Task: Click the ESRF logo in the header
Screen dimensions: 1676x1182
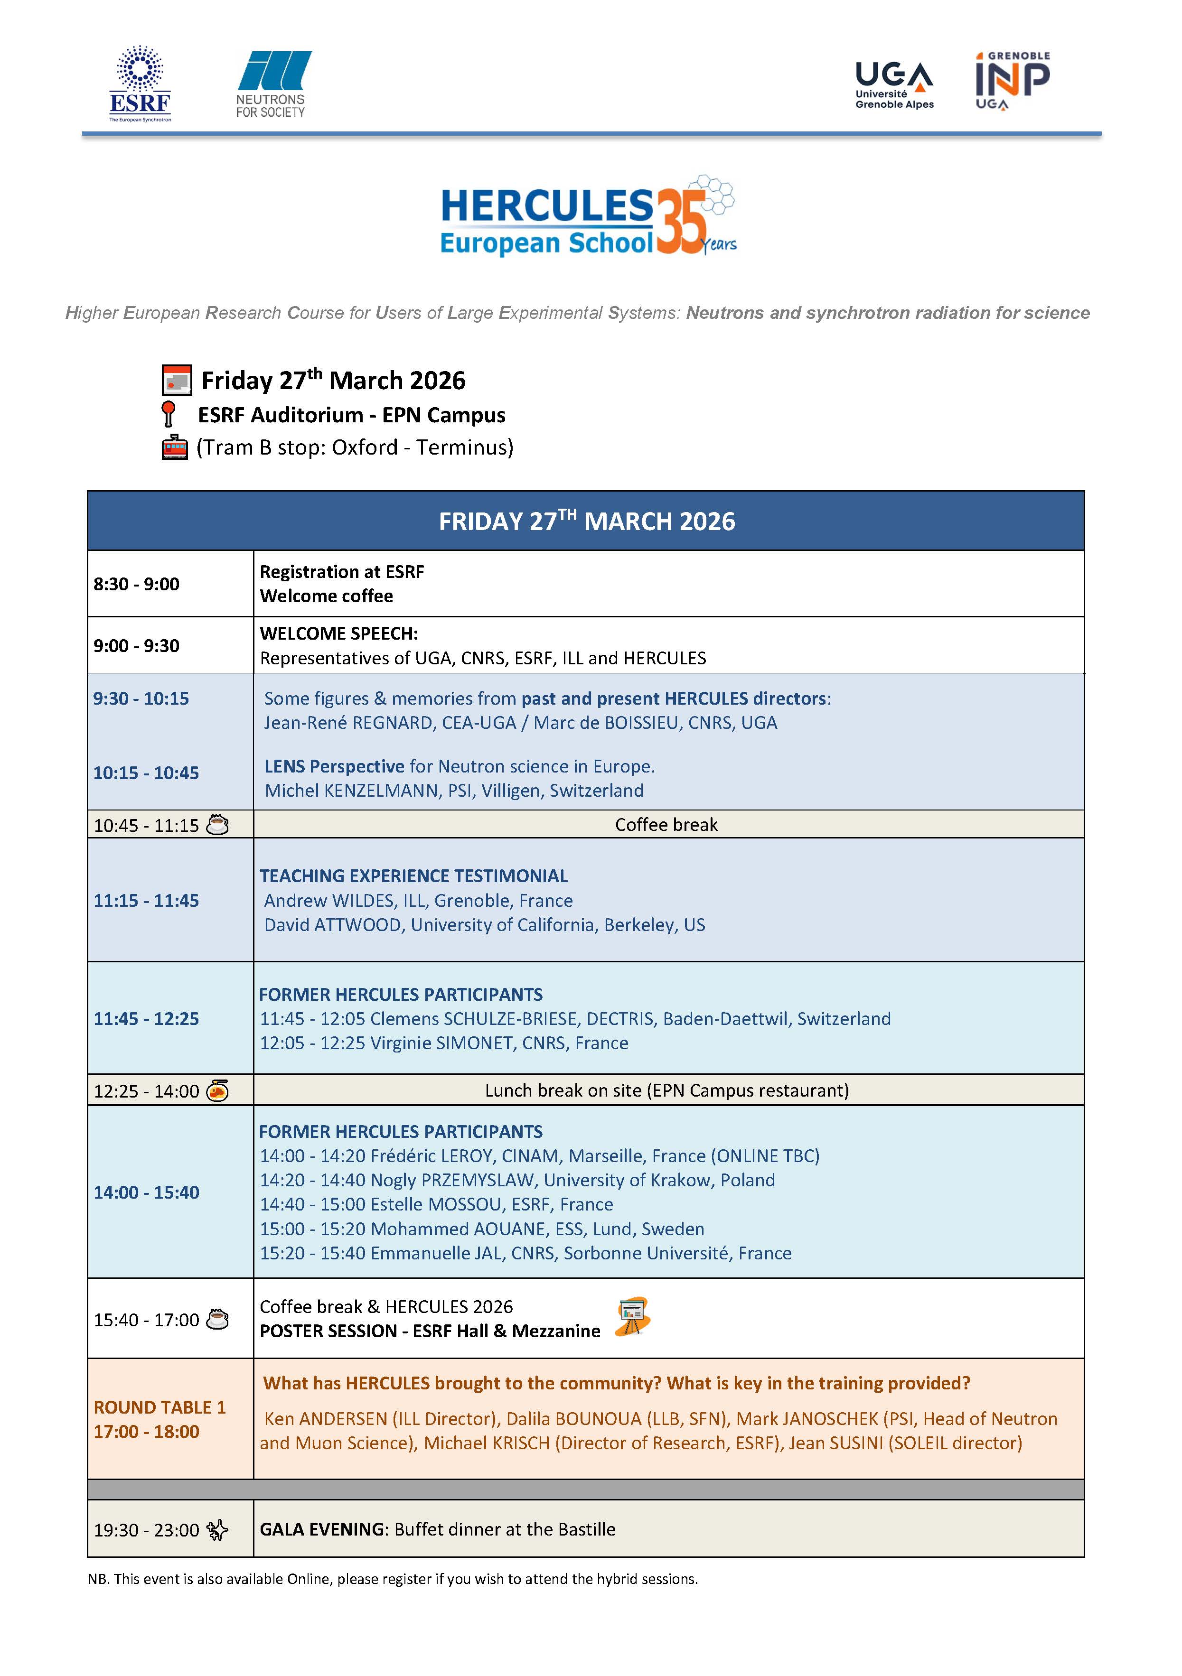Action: (x=140, y=84)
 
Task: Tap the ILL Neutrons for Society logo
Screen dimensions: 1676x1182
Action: (x=272, y=84)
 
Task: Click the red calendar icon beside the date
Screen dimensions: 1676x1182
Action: (x=176, y=380)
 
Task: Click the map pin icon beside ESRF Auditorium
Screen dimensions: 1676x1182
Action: (x=169, y=414)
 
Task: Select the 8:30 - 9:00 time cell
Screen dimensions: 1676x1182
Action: (x=137, y=584)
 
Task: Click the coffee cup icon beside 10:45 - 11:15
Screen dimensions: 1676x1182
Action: (x=217, y=825)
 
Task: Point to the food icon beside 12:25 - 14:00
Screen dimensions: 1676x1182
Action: (x=217, y=1090)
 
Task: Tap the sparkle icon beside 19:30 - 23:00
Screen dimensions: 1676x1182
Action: (x=217, y=1529)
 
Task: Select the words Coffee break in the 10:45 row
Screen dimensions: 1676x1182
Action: (x=666, y=825)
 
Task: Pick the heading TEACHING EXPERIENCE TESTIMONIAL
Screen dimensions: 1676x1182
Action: (x=413, y=876)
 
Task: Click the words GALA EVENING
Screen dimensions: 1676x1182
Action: (x=322, y=1529)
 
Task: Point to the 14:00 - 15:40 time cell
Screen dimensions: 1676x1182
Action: (x=146, y=1192)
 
